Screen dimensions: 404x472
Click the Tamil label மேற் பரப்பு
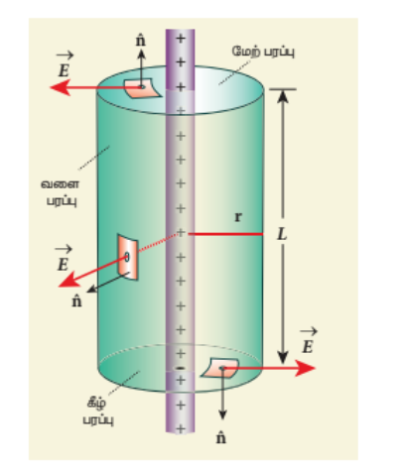(x=263, y=52)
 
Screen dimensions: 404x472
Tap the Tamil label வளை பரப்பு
(x=61, y=192)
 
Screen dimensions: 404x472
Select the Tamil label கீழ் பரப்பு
(x=98, y=412)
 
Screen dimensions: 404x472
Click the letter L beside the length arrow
(x=282, y=235)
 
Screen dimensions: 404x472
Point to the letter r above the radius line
(x=238, y=217)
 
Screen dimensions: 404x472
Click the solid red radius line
(x=225, y=234)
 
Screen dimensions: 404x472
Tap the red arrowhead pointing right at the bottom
(x=305, y=368)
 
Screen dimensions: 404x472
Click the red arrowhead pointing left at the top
(x=60, y=87)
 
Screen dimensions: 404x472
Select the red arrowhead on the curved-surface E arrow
(x=69, y=280)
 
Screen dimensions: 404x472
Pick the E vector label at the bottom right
(x=308, y=341)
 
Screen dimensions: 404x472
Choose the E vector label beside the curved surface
(x=63, y=259)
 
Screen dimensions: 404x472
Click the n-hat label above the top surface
(x=141, y=41)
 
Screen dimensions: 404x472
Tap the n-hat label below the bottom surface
(x=221, y=438)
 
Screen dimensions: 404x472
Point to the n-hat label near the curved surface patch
(x=76, y=301)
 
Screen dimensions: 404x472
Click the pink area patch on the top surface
(x=142, y=88)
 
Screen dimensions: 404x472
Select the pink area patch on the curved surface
(x=128, y=257)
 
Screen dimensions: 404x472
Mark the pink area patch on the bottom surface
(x=220, y=368)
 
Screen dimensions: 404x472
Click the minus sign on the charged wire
(x=180, y=368)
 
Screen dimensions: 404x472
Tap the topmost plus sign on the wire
(x=180, y=39)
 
